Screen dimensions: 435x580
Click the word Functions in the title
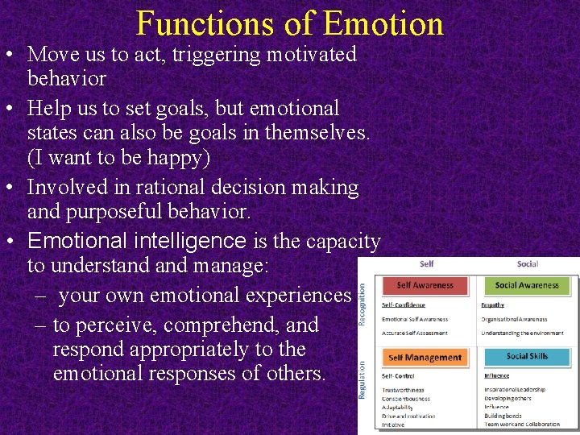pyautogui.click(x=207, y=23)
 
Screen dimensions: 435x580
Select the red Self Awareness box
pyautogui.click(x=426, y=285)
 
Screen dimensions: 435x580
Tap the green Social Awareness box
pyautogui.click(x=527, y=285)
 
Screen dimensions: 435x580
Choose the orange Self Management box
pyautogui.click(x=425, y=358)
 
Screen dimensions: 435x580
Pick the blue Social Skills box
pyautogui.click(x=527, y=357)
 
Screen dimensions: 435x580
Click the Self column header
pyautogui.click(x=426, y=264)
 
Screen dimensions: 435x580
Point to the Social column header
pyautogui.click(x=528, y=264)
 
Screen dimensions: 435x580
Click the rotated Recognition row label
pyautogui.click(x=362, y=304)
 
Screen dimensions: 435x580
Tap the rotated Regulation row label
pyautogui.click(x=362, y=379)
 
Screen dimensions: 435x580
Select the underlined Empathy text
pyautogui.click(x=493, y=305)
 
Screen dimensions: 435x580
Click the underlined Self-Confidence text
pyautogui.click(x=404, y=305)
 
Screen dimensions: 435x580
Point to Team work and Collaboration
pyautogui.click(x=522, y=425)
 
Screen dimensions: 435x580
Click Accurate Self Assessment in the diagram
pyautogui.click(x=416, y=333)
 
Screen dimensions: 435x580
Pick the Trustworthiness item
pyautogui.click(x=404, y=390)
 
